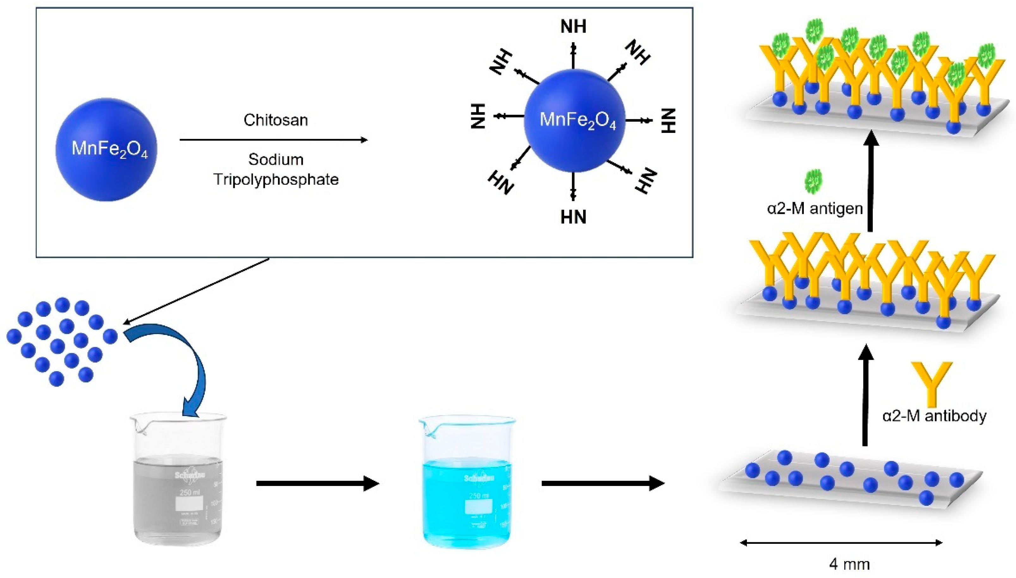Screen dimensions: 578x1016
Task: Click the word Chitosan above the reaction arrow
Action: pos(276,120)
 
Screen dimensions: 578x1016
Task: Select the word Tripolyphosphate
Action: pos(276,179)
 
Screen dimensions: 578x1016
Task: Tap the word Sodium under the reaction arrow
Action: pos(276,159)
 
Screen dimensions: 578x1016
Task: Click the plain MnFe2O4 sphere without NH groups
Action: pos(106,150)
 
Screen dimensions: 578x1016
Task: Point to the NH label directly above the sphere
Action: pos(573,27)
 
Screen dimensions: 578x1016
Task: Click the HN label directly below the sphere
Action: pos(573,217)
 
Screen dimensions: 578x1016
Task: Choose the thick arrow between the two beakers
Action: pos(317,483)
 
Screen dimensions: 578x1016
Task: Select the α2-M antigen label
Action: pos(815,208)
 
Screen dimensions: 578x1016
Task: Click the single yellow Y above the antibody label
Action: pos(931,381)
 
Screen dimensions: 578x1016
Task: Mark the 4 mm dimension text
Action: pos(849,564)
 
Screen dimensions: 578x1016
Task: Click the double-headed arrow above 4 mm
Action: pos(841,543)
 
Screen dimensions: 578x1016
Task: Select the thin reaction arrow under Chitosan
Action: pos(274,140)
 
